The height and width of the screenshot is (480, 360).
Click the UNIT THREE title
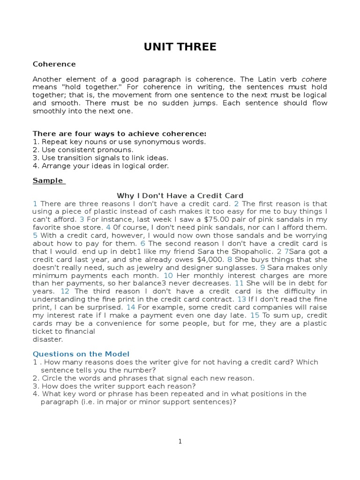click(x=180, y=47)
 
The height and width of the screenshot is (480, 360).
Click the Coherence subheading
click(x=54, y=64)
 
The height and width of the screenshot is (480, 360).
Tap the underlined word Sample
click(x=48, y=180)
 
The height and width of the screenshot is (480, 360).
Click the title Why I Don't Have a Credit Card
click(x=180, y=196)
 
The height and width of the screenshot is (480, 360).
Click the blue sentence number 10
click(x=168, y=276)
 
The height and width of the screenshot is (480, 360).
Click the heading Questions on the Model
click(x=81, y=354)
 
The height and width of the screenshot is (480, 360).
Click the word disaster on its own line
click(x=47, y=339)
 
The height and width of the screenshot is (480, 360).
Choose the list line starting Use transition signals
click(x=100, y=157)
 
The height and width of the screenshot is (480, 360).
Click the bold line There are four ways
click(x=120, y=134)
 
